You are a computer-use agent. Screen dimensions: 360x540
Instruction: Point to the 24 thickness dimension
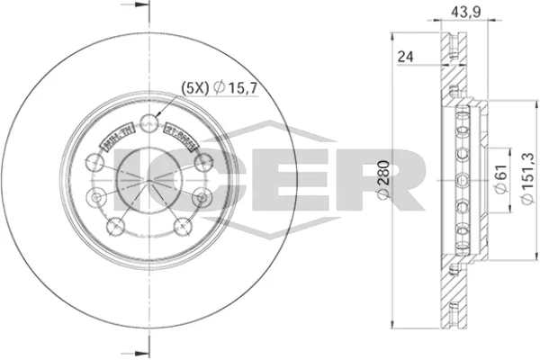tap(407, 56)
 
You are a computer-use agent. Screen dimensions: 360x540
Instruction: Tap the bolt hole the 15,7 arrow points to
tap(149, 123)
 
